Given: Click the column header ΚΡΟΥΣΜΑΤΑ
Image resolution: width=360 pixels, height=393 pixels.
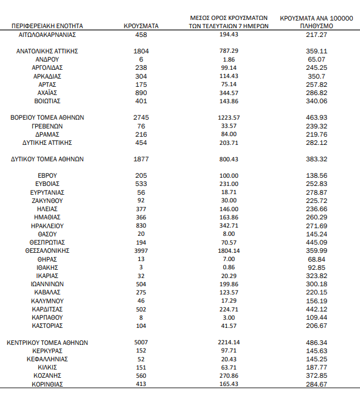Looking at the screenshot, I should (142, 26).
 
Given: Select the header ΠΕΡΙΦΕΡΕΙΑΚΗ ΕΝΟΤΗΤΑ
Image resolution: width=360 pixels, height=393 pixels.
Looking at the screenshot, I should (48, 26).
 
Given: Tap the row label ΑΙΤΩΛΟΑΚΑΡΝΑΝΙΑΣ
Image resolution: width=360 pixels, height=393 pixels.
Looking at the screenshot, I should (47, 35).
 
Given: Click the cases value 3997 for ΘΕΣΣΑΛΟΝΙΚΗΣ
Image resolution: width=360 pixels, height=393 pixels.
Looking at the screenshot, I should (142, 250).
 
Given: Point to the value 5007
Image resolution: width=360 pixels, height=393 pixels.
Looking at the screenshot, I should (142, 343).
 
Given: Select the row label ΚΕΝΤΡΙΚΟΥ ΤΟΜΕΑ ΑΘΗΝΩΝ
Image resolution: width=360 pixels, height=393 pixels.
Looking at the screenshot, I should (47, 343).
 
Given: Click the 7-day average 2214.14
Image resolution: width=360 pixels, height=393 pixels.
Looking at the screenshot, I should (229, 343).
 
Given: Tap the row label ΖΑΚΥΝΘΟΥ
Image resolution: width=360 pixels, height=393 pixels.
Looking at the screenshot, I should (47, 201).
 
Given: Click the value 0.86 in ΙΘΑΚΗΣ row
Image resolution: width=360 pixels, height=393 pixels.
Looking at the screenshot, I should (229, 267).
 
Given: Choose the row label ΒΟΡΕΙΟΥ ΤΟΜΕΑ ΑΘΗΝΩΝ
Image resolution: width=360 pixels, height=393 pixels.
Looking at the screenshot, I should (47, 117).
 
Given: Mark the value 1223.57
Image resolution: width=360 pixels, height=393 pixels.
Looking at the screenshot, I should (229, 117).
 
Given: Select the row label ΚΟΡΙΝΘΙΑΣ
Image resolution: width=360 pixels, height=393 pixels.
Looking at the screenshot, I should (47, 384).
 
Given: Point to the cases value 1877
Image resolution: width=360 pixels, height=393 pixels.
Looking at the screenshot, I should (142, 159).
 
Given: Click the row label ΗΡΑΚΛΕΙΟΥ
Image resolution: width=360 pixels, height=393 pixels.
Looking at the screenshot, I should (47, 225).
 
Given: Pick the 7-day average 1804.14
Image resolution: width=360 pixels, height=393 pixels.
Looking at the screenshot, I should (229, 250).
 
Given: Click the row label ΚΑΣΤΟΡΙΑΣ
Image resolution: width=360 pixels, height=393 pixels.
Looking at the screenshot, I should (47, 326).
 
